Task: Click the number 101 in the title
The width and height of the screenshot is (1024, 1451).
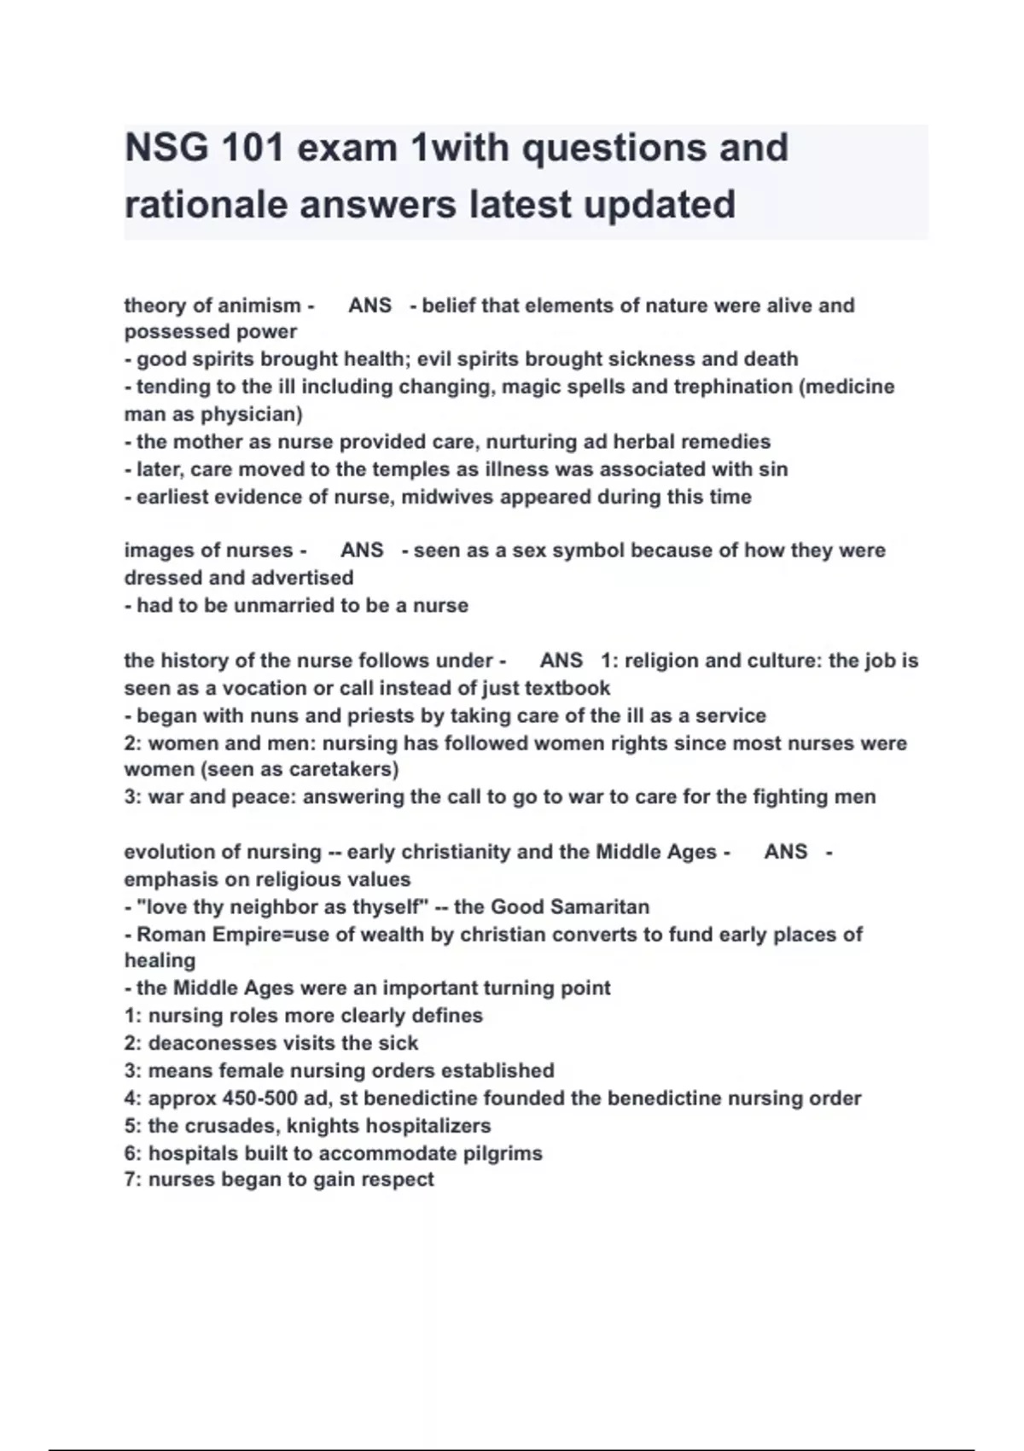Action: (253, 148)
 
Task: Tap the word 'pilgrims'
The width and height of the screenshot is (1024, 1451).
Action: (503, 1154)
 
